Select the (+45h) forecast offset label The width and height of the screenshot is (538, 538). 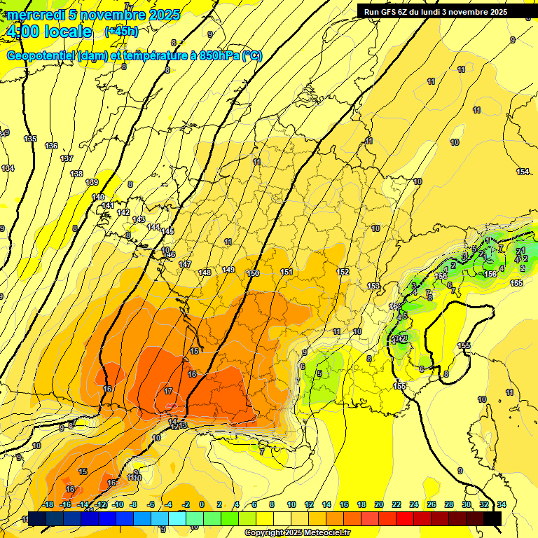(x=120, y=32)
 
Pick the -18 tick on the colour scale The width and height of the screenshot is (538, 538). (x=48, y=504)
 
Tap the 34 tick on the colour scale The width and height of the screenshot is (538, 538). (x=502, y=504)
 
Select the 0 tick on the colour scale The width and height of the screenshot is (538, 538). (x=202, y=504)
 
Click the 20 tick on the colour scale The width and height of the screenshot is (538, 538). (x=379, y=504)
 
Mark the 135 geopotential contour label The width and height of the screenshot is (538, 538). (x=30, y=139)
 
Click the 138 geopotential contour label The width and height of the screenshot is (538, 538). (x=76, y=174)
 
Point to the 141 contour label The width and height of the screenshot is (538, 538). (x=108, y=205)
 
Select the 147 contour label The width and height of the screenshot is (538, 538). (x=185, y=264)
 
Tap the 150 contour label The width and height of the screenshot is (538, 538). (x=253, y=273)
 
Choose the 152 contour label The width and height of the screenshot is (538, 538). (x=343, y=272)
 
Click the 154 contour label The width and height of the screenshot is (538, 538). (x=523, y=172)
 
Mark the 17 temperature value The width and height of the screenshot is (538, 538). (x=168, y=391)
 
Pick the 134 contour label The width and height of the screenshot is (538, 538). (x=8, y=168)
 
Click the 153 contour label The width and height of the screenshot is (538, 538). (x=373, y=286)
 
